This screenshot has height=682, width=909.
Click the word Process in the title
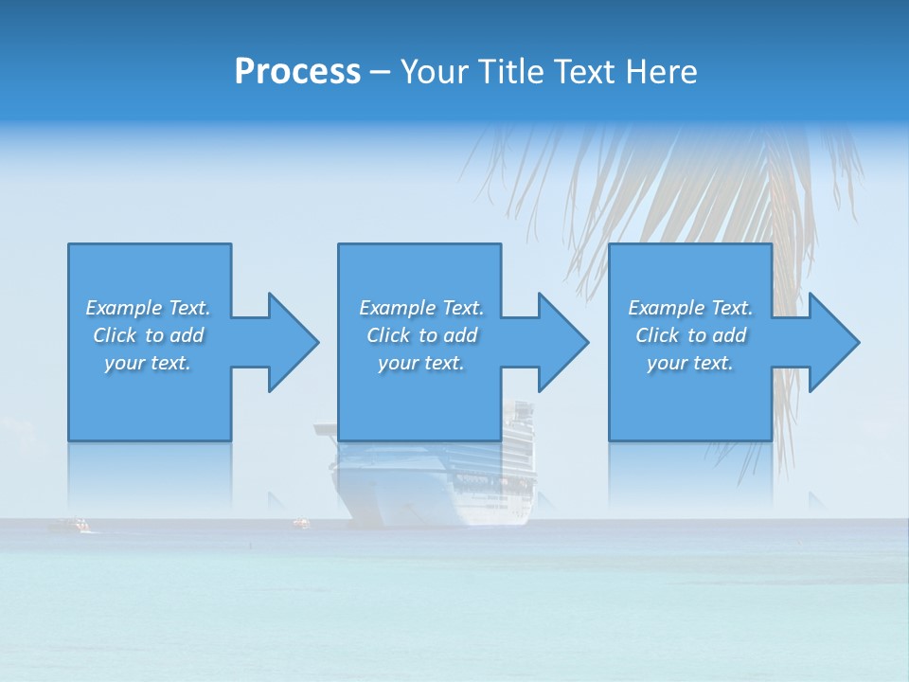pyautogui.click(x=297, y=72)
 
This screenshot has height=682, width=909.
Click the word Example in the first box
pyautogui.click(x=124, y=308)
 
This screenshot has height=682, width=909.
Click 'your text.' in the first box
pyautogui.click(x=148, y=363)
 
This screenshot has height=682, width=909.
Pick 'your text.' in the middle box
pyautogui.click(x=421, y=363)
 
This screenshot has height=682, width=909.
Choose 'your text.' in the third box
pyautogui.click(x=690, y=363)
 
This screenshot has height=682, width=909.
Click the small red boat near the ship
pyautogui.click(x=301, y=521)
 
